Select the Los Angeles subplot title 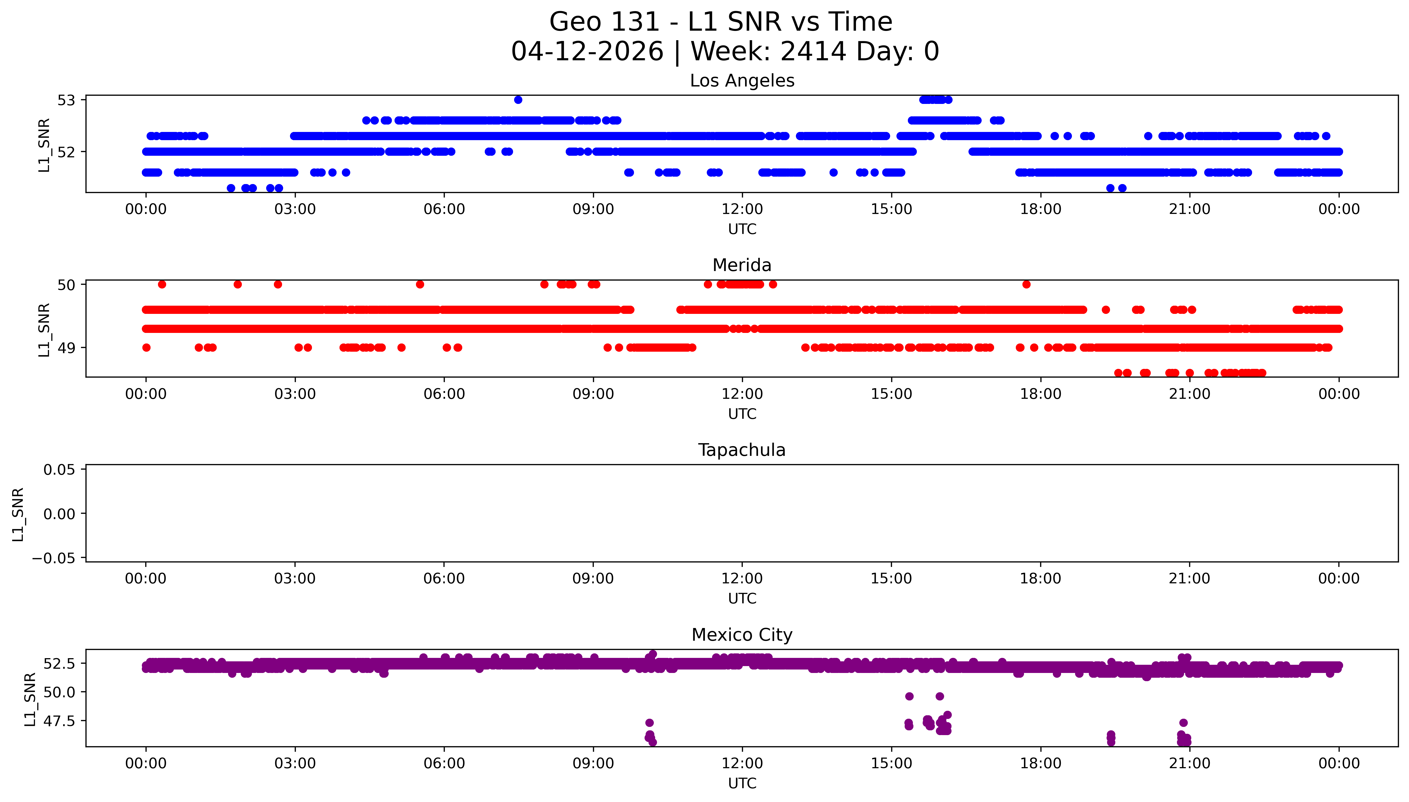pos(742,81)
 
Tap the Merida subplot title pos(742,265)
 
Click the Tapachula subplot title pos(742,450)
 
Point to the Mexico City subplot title pos(742,635)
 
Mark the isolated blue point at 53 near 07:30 pos(518,100)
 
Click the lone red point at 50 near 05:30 pos(420,284)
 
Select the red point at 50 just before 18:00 pos(1026,284)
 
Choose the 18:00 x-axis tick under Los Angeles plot pos(1040,209)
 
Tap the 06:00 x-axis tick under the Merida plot pos(444,394)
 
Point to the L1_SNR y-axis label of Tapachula pos(18,514)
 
